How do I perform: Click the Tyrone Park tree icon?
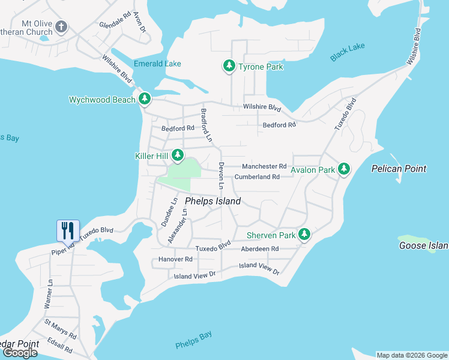[x=229, y=66]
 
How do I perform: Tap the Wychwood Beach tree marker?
[x=144, y=99]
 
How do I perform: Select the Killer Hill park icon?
[x=178, y=155]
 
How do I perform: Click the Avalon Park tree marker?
[x=344, y=169]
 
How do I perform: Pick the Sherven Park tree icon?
[x=305, y=235]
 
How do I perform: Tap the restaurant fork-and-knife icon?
[x=67, y=230]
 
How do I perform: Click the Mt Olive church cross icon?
[x=61, y=27]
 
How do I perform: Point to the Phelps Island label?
[x=212, y=201]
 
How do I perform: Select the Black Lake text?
[x=347, y=53]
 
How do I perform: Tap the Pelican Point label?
[x=399, y=169]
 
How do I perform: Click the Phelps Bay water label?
[x=193, y=340]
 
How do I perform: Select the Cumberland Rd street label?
[x=257, y=177]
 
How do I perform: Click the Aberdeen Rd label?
[x=259, y=248]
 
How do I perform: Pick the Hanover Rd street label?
[x=175, y=259]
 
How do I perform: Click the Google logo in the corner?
[x=20, y=352]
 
